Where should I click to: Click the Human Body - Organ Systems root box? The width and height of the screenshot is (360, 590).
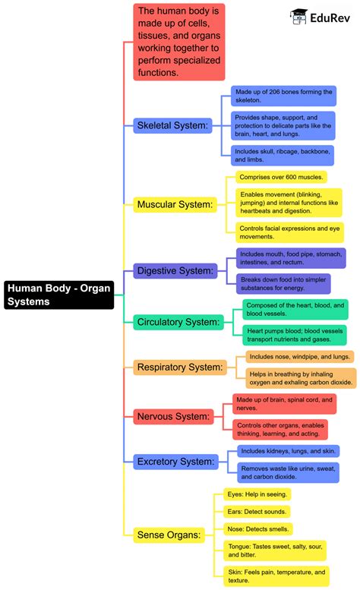point(58,294)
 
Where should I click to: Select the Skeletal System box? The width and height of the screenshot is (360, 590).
point(172,125)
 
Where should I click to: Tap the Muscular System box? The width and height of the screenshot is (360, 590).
point(175,204)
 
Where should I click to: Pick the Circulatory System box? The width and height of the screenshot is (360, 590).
point(178,322)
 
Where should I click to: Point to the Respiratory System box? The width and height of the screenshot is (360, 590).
point(180,368)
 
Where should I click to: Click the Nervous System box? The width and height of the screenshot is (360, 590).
point(172,416)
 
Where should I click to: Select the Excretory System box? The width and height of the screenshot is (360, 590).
point(176,461)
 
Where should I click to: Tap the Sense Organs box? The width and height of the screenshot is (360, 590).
point(170,535)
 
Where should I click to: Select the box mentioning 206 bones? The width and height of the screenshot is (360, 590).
point(284,96)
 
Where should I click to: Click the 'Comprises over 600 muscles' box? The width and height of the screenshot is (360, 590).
point(280,177)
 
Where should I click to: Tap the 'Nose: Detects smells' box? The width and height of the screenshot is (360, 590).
point(259,528)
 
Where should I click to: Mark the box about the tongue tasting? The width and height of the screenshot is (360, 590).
point(275,551)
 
